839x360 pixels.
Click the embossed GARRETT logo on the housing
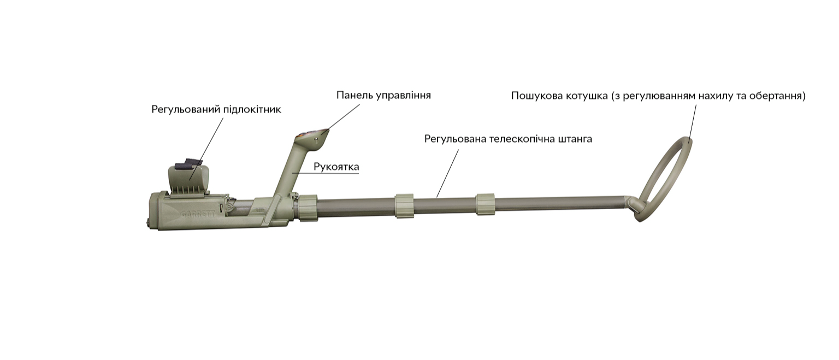[198, 214]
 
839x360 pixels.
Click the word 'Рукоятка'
[336, 167]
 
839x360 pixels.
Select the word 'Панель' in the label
[353, 95]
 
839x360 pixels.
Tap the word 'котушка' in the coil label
[587, 96]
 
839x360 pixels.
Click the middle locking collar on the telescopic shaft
[404, 206]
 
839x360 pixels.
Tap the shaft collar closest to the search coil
[485, 204]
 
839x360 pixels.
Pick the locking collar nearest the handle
[308, 208]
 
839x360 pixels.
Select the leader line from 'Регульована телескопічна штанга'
[447, 173]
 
